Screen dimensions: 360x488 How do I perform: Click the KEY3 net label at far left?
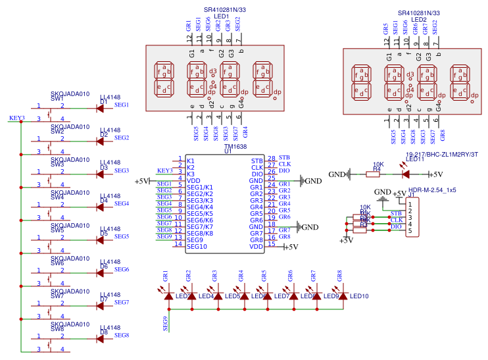click(x=17, y=118)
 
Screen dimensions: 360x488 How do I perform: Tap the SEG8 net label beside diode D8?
click(x=122, y=336)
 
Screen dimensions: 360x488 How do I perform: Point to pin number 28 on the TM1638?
click(x=271, y=159)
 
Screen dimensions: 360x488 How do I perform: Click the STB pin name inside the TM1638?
click(x=257, y=161)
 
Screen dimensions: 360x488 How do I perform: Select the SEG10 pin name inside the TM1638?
click(x=197, y=247)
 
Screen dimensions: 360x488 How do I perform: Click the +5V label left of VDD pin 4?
click(x=142, y=181)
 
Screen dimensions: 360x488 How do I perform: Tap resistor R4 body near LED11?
click(x=376, y=174)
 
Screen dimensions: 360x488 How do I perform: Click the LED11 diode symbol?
click(x=405, y=174)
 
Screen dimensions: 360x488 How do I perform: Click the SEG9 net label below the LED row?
click(x=165, y=322)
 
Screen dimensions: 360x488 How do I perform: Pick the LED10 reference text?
click(x=359, y=296)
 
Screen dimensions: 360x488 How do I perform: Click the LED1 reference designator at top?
click(x=222, y=16)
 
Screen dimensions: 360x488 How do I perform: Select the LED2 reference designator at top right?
click(x=419, y=20)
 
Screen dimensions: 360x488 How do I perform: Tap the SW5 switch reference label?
click(x=57, y=230)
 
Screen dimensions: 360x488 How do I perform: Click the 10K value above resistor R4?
click(x=378, y=164)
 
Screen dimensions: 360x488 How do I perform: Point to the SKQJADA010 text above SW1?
click(x=70, y=93)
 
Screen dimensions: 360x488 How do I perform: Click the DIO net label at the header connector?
click(x=396, y=227)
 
